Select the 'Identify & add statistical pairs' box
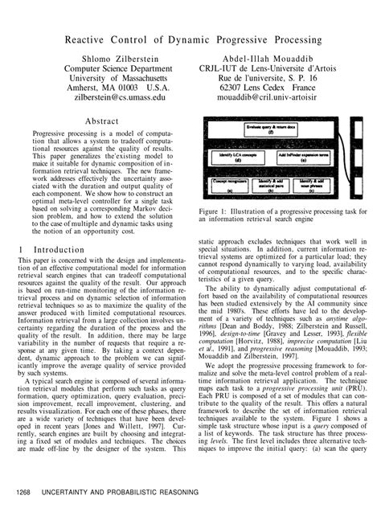click(x=272, y=186)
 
